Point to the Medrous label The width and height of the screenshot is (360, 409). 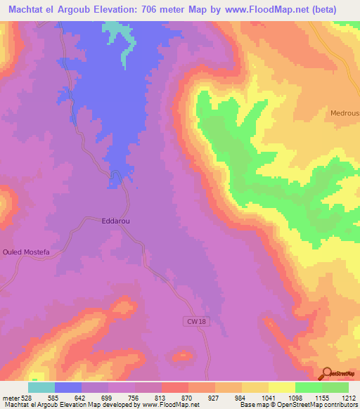[x=345, y=112]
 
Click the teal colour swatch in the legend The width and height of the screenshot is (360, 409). [x=41, y=387]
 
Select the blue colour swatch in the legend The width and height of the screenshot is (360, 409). [x=68, y=387]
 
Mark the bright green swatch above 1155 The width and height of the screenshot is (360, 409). [x=309, y=387]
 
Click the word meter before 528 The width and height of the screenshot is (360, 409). [x=11, y=397]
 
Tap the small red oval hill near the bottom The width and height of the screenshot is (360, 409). [x=182, y=357]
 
